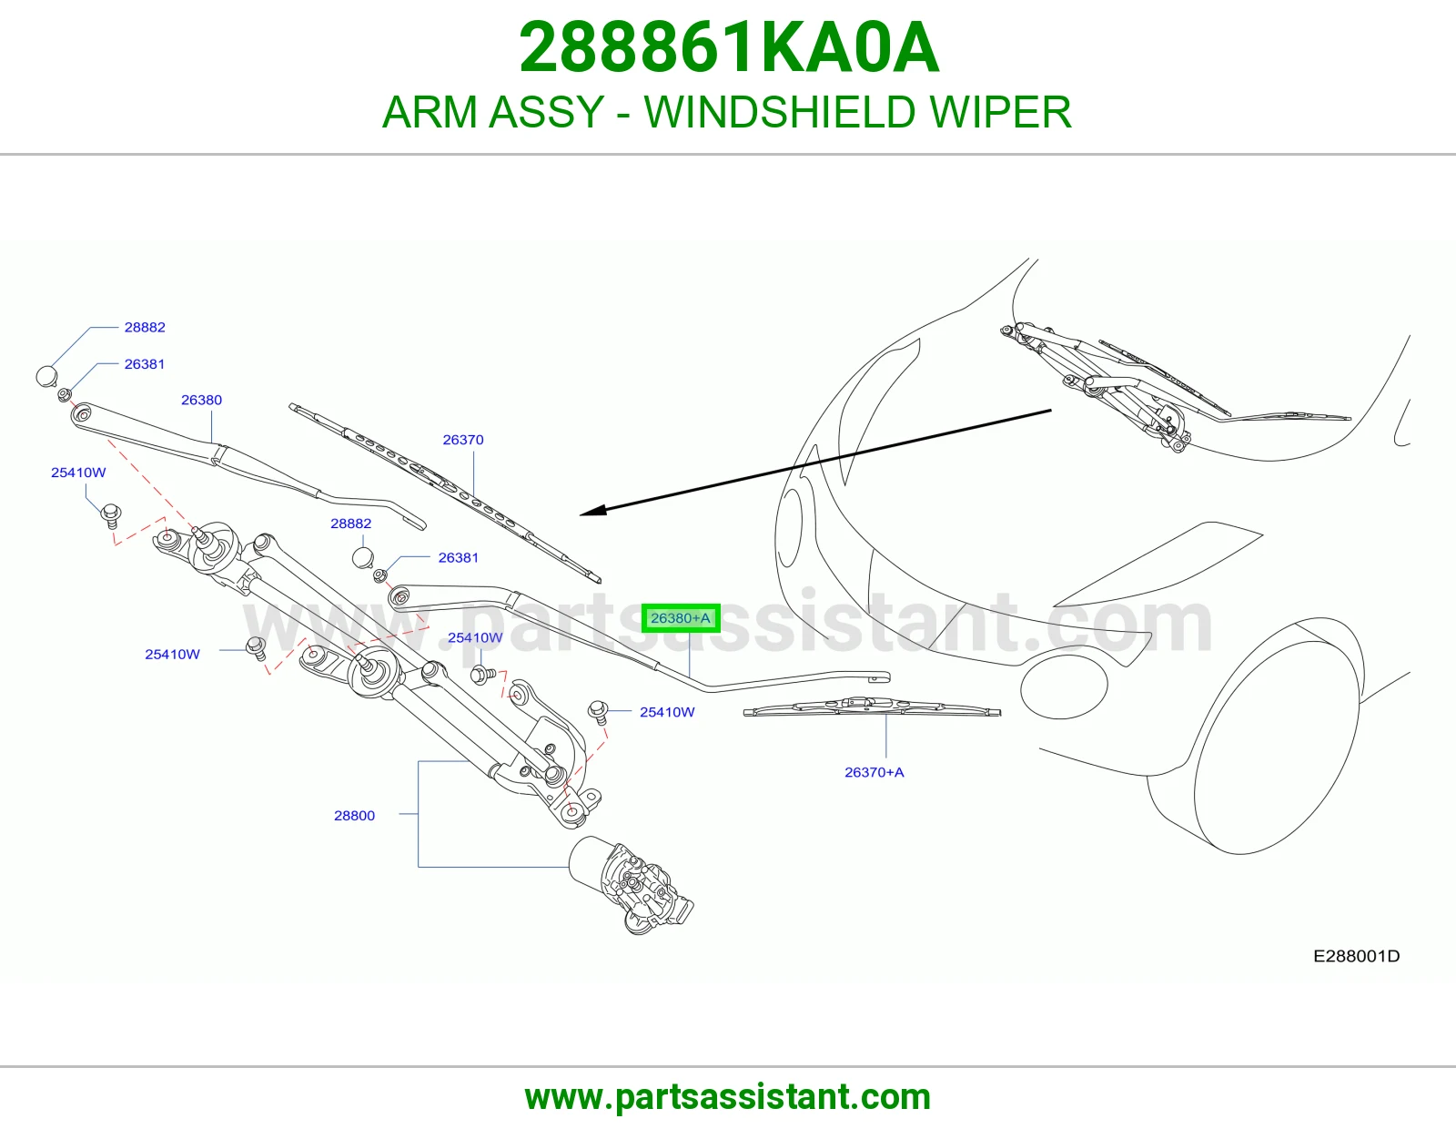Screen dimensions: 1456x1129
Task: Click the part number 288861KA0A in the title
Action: [x=729, y=47]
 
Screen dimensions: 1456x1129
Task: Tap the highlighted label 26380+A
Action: [x=680, y=617]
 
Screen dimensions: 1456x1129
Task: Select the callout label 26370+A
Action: [x=874, y=772]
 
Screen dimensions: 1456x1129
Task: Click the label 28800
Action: [x=355, y=816]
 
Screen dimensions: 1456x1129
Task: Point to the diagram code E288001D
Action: [x=1356, y=956]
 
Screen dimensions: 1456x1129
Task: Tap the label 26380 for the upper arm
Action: [x=201, y=401]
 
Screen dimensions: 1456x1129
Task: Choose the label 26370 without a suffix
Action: [x=463, y=440]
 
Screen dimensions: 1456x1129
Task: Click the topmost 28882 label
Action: [x=145, y=327]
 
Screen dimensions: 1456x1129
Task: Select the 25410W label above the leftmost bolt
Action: [x=78, y=473]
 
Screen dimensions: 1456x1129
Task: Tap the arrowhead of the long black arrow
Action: [x=592, y=511]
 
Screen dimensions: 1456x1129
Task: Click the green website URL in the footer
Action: [x=728, y=1097]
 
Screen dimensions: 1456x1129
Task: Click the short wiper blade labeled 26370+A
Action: [x=872, y=707]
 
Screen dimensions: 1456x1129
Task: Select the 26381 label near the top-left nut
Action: [x=144, y=364]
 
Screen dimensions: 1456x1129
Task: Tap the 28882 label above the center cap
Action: [x=350, y=524]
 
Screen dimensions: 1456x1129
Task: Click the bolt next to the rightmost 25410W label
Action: [x=599, y=711]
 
